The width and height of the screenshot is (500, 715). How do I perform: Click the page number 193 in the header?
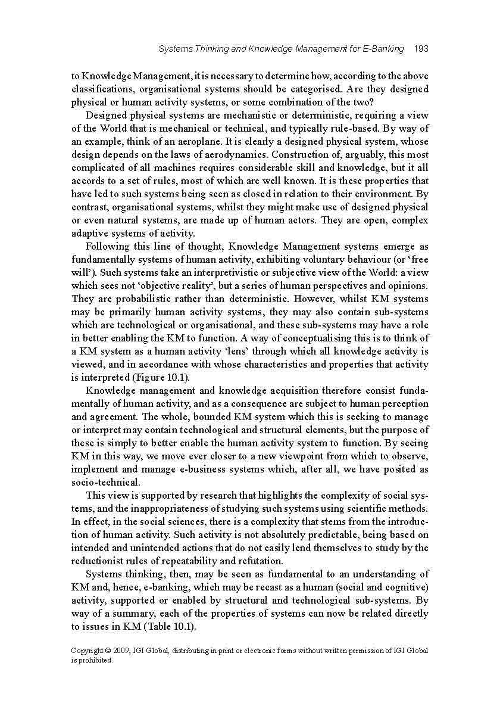click(x=421, y=49)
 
